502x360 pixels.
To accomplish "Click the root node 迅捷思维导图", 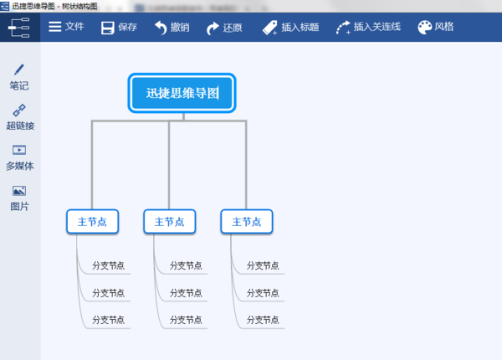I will click(x=182, y=93).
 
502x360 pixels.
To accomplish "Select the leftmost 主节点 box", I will click(x=92, y=222).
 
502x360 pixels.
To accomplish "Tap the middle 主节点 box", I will click(x=170, y=222).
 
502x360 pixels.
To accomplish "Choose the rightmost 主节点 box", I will click(x=247, y=222).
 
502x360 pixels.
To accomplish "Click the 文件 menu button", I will click(x=66, y=27).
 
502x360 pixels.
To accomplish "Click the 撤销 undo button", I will click(x=172, y=27).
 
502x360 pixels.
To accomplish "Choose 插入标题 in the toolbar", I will click(x=290, y=27).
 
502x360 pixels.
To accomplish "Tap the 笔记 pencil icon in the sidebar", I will click(x=18, y=70).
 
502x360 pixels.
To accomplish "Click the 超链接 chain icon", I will click(x=19, y=111).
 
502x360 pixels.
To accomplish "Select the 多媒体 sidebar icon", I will click(x=19, y=151).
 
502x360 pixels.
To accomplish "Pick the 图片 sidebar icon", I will click(x=19, y=191).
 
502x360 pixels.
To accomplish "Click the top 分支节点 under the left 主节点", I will click(x=108, y=265).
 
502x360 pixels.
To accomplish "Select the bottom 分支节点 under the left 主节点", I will click(x=108, y=320).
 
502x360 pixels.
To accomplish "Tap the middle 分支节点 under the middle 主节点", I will click(x=186, y=293).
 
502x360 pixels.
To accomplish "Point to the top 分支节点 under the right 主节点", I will click(x=263, y=265).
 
